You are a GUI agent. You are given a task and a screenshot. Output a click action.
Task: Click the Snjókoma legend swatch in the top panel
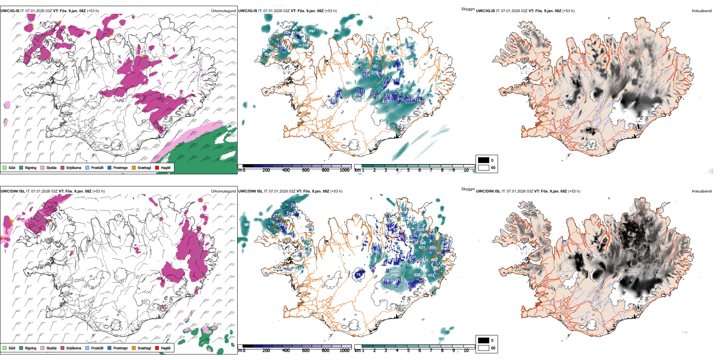click(x=63, y=167)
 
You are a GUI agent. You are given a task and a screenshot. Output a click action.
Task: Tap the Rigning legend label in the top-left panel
click(x=31, y=167)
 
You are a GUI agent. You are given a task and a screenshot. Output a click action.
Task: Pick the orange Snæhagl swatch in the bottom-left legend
click(x=134, y=348)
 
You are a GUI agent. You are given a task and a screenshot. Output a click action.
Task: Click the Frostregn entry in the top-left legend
click(x=120, y=167)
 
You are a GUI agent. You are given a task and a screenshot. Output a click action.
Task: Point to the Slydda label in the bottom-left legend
click(x=51, y=348)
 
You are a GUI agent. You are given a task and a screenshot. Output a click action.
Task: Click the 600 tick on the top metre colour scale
click(x=306, y=170)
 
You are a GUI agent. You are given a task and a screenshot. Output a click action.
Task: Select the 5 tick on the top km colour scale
click(x=409, y=170)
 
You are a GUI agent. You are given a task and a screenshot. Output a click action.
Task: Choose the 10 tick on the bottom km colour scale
click(x=466, y=351)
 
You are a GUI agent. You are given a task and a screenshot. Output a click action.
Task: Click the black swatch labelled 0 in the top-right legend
click(x=484, y=160)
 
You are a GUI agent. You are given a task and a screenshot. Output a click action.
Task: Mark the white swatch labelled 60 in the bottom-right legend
click(x=484, y=348)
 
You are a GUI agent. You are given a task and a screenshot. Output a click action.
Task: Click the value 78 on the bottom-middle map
click(x=358, y=275)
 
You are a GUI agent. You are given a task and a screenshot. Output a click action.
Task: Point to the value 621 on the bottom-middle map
click(x=422, y=247)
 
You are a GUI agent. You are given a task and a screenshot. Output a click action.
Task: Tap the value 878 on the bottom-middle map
click(x=247, y=225)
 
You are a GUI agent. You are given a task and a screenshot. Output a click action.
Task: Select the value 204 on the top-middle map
click(x=358, y=95)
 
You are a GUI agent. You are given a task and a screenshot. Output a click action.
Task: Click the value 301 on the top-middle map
click(x=375, y=66)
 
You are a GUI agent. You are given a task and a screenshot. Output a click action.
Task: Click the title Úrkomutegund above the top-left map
click(x=223, y=11)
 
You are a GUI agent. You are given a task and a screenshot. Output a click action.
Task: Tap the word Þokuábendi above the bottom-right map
click(x=702, y=191)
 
